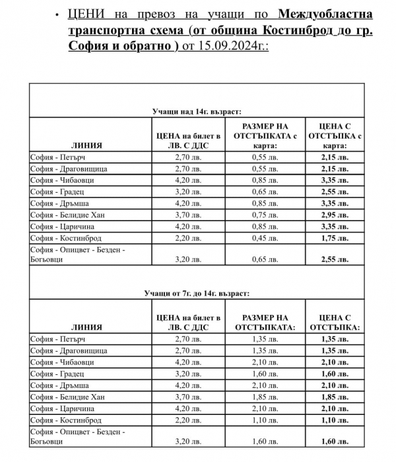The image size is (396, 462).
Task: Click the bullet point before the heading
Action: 59,14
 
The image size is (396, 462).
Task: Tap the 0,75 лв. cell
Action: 266,214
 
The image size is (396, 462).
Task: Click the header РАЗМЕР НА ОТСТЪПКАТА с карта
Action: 266,135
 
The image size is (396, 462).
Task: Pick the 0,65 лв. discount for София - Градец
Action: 266,192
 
